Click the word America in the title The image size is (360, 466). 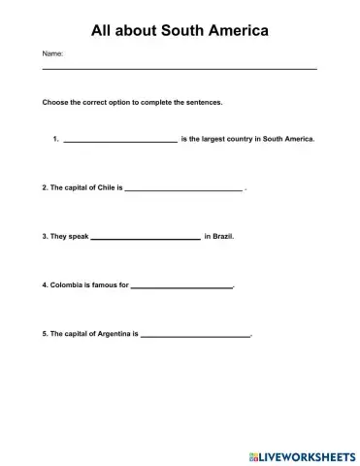[230, 31]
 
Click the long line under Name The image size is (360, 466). [180, 69]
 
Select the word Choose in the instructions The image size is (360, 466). [55, 102]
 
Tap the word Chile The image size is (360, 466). [104, 187]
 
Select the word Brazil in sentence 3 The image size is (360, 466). [223, 236]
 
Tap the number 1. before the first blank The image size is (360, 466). [56, 139]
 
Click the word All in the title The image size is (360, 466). [102, 31]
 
